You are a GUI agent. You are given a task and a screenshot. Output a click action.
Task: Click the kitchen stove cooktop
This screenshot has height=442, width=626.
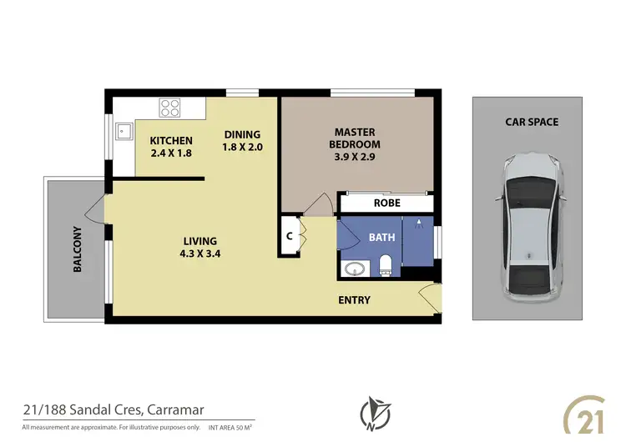[170, 107]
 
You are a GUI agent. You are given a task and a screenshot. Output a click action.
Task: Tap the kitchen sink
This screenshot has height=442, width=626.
[123, 129]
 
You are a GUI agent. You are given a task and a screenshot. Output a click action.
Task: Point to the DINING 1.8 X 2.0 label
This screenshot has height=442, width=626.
[242, 141]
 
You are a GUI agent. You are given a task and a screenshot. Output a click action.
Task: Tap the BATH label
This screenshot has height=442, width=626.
[381, 238]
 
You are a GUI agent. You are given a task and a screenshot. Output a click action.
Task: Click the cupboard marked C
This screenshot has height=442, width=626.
[289, 234]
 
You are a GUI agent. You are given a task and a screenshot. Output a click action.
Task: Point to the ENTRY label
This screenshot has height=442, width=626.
[354, 300]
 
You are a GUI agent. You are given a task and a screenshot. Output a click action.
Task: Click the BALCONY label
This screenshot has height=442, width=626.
[78, 249]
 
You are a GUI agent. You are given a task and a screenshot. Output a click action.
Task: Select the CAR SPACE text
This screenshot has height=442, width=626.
[531, 122]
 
